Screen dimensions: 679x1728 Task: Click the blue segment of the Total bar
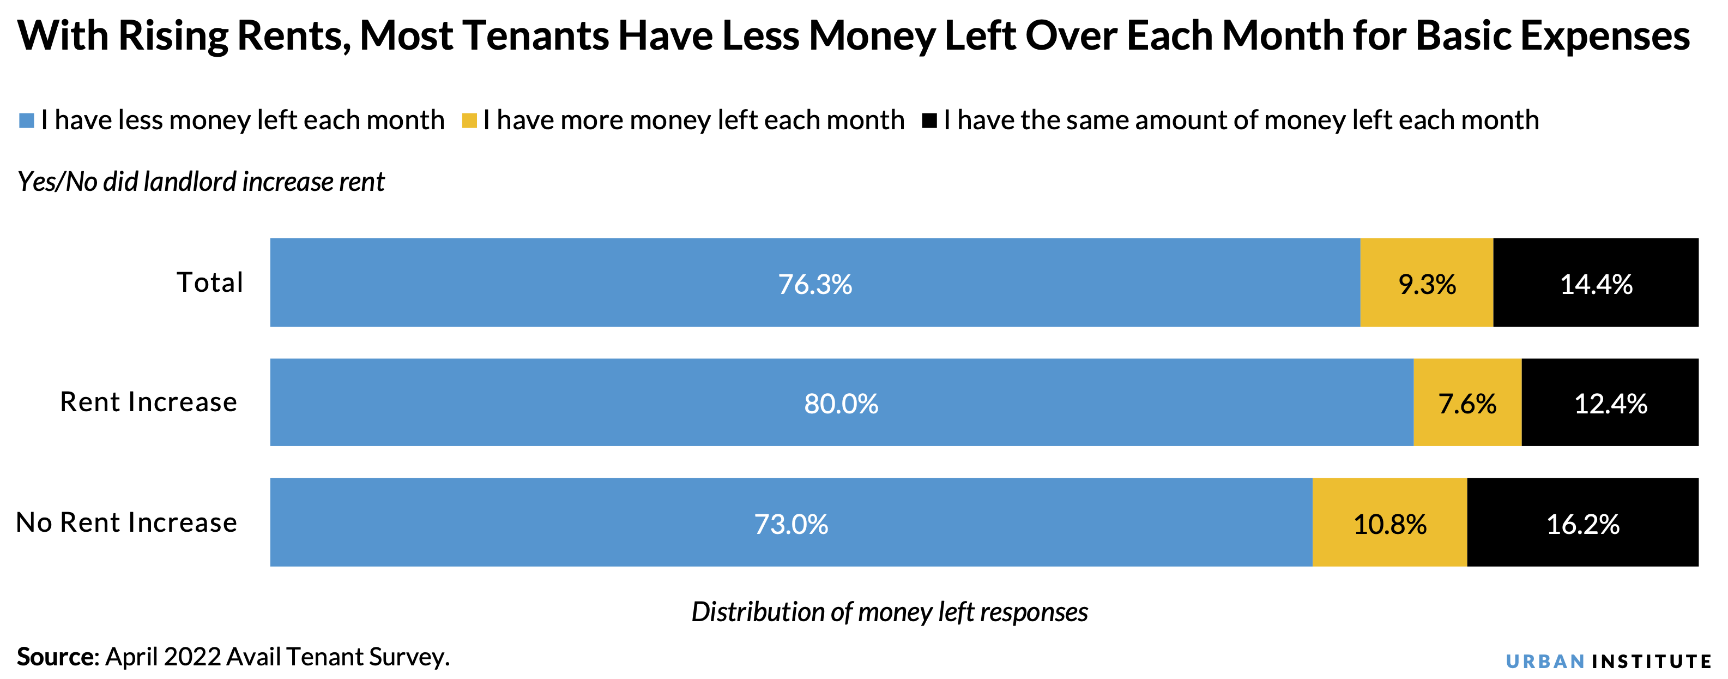coord(815,283)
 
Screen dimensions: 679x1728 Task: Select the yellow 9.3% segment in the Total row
coord(1427,283)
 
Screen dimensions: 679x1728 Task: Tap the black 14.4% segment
coord(1596,283)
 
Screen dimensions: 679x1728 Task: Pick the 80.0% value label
coord(841,403)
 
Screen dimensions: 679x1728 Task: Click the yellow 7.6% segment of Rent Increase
coord(1467,402)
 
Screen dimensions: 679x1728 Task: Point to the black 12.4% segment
coord(1610,402)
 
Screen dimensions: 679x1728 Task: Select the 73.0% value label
coord(791,524)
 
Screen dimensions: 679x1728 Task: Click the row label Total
coord(209,283)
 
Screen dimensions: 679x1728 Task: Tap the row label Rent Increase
coord(148,402)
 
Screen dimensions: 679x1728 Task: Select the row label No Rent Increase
coord(126,522)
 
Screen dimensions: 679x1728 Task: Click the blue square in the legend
coord(27,121)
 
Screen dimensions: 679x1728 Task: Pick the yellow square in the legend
coord(469,121)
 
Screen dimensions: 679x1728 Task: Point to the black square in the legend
coord(930,121)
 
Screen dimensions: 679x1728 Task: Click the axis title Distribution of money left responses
coord(890,612)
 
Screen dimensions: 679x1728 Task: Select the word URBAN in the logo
coord(1545,662)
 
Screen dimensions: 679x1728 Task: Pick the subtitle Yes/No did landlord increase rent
coord(201,182)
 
